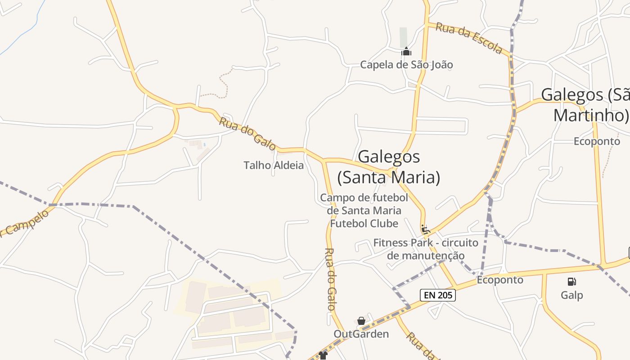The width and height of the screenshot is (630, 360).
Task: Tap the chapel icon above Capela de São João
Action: (406, 52)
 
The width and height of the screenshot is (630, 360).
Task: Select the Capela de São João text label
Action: (406, 65)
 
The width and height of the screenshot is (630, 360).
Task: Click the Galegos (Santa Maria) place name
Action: (389, 167)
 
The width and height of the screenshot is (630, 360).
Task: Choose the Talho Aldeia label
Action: (274, 166)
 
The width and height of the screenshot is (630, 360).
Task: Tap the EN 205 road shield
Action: (438, 295)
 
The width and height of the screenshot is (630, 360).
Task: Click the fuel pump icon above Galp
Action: (571, 282)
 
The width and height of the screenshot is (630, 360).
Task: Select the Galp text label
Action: (571, 295)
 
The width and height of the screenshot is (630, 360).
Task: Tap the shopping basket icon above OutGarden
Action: (361, 321)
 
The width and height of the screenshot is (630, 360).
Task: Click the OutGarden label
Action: (361, 334)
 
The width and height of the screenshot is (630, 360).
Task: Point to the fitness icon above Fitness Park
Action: (425, 229)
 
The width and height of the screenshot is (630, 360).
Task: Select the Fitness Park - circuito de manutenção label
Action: (426, 249)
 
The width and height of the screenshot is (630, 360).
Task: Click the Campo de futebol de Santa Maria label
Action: (364, 211)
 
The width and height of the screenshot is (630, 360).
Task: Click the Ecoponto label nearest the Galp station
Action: (500, 280)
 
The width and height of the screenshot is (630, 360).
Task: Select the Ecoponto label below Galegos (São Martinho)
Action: (597, 141)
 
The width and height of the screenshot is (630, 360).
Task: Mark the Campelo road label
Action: (25, 223)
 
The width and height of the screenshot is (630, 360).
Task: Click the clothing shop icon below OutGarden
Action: (323, 355)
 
